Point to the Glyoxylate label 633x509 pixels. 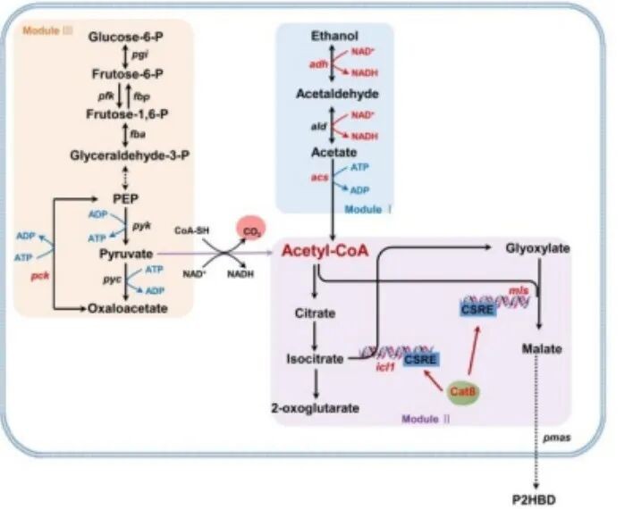pos(537,249)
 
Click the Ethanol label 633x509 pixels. pos(334,36)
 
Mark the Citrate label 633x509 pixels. pos(314,314)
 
